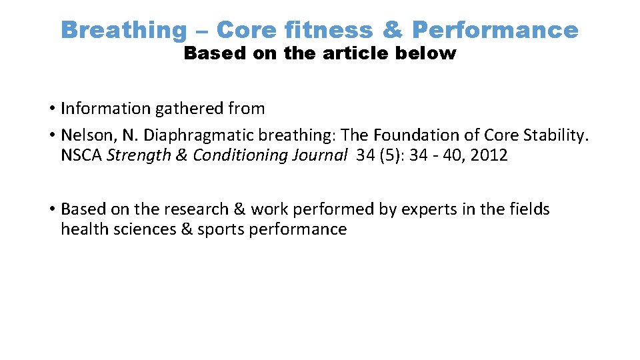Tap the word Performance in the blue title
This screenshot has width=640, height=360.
click(495, 29)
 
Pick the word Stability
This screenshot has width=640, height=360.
click(556, 135)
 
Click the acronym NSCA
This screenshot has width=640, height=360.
click(81, 155)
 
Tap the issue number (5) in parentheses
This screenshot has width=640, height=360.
click(391, 155)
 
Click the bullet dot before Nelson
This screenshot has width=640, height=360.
click(51, 135)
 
